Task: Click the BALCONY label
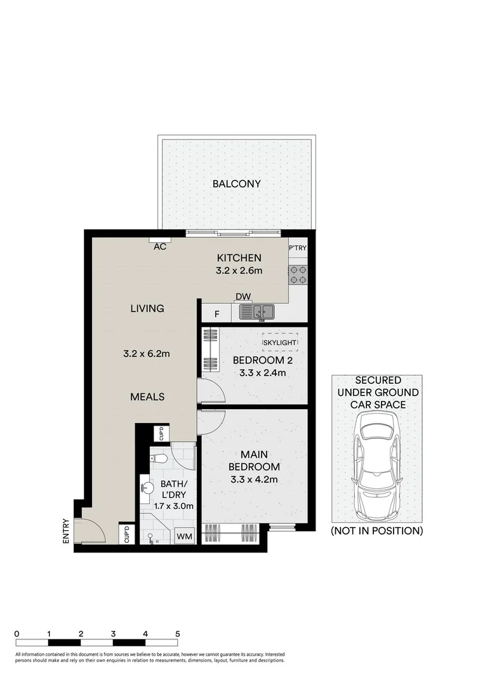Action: (x=236, y=184)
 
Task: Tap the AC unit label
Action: (x=160, y=246)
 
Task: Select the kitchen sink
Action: (x=256, y=311)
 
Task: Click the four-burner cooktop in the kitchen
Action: (x=298, y=273)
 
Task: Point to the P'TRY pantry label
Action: (x=298, y=248)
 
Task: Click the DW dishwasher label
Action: (x=242, y=297)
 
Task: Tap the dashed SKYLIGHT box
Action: (x=280, y=342)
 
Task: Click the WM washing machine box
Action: (x=184, y=537)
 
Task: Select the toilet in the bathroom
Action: (x=159, y=458)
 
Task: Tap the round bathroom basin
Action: (x=147, y=488)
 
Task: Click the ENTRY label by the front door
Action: (x=66, y=531)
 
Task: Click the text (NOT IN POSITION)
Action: (x=376, y=531)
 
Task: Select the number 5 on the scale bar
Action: (x=178, y=634)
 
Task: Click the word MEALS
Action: (x=147, y=396)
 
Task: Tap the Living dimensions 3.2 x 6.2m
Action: (x=147, y=353)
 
